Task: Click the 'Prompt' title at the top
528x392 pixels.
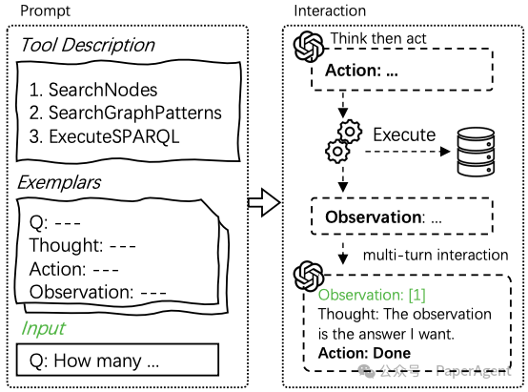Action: [45, 11]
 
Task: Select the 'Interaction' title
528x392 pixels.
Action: [330, 10]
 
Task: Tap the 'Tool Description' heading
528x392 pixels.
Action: [88, 45]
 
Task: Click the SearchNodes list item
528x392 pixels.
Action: [93, 90]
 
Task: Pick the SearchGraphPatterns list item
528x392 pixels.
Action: [125, 113]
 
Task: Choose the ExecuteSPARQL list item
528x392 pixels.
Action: [105, 136]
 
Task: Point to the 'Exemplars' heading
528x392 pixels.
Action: [59, 183]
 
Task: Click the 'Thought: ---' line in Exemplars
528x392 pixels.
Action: [83, 245]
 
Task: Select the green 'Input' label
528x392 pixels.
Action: [44, 328]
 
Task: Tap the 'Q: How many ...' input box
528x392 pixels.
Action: [117, 360]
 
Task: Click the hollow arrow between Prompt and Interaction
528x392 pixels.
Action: [264, 202]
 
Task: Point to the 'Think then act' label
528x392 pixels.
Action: [378, 38]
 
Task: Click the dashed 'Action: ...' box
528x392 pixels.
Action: [402, 70]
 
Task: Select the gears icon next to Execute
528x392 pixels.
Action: [343, 141]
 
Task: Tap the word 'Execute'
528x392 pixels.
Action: [404, 135]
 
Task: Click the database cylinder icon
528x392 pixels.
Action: [476, 152]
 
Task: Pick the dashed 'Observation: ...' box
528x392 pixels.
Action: [402, 217]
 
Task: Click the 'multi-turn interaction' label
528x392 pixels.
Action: [436, 256]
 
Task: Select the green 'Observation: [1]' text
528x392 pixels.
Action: [372, 295]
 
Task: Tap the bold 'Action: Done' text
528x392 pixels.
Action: [364, 353]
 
